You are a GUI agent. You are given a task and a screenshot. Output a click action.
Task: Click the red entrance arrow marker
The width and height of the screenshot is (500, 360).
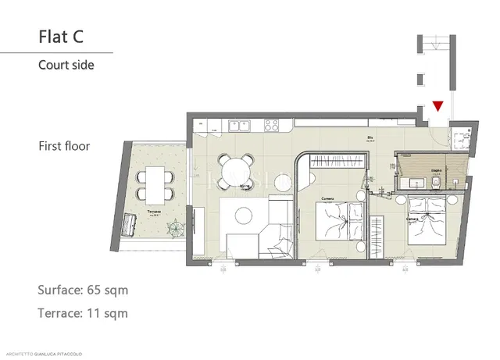click(437, 105)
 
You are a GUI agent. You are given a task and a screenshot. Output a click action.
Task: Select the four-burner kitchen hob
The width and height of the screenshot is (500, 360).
click(273, 123)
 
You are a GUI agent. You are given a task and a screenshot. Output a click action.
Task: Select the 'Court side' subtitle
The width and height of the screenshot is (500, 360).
click(66, 66)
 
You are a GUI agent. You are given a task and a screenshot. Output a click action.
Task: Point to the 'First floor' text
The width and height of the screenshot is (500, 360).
click(64, 146)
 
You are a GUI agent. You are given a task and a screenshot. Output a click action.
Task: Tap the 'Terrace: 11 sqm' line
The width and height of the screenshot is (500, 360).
click(82, 313)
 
